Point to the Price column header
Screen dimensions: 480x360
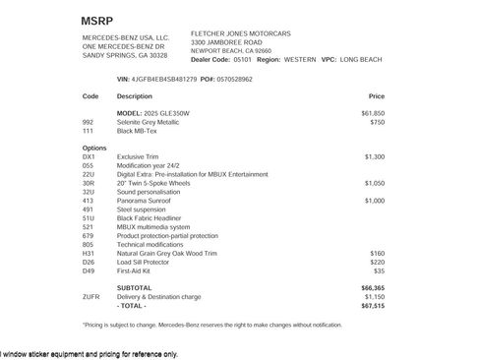(376, 96)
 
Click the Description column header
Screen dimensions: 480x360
(135, 96)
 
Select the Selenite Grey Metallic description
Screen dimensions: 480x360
(150, 122)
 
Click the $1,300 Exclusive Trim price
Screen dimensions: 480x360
(375, 155)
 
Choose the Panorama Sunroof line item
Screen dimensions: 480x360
(145, 200)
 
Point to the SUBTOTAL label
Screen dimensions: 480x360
(134, 287)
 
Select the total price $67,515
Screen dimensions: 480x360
(373, 305)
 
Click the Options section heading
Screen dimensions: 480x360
(94, 147)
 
